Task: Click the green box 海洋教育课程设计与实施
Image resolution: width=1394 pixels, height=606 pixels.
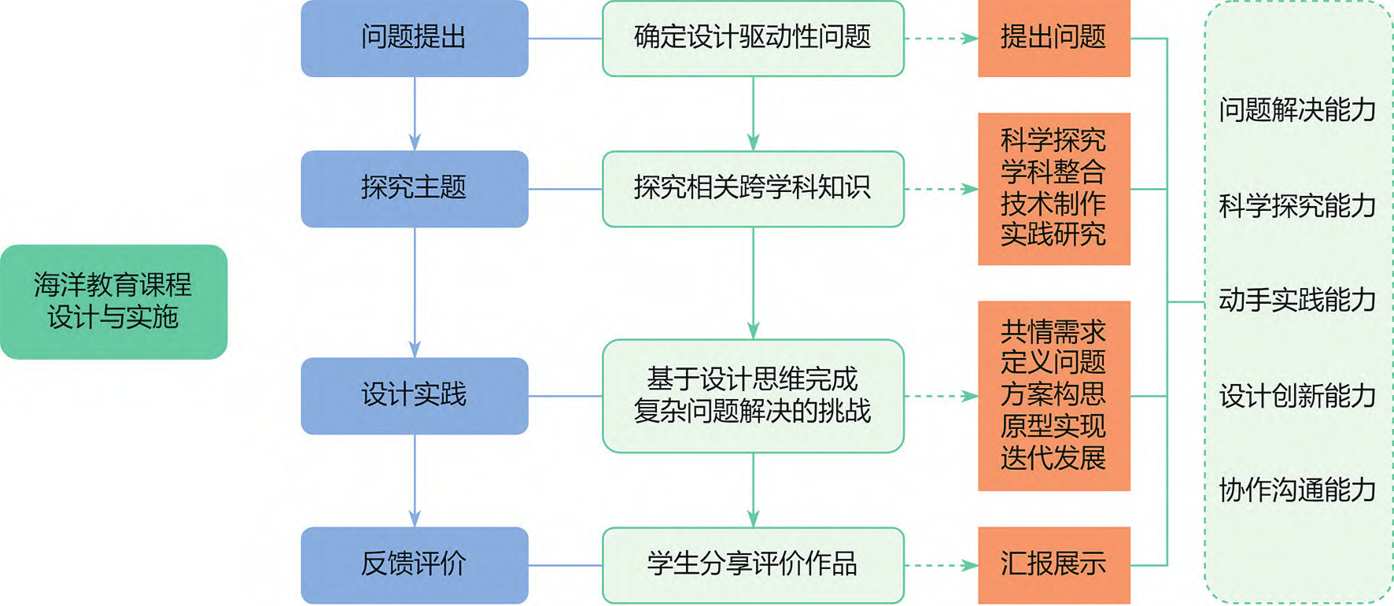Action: pyautogui.click(x=113, y=301)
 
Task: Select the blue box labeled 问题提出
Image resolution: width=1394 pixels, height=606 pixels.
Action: pyautogui.click(x=414, y=38)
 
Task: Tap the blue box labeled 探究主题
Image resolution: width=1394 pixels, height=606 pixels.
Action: pyautogui.click(x=414, y=188)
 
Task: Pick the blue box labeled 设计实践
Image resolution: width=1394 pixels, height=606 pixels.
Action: pyautogui.click(x=414, y=395)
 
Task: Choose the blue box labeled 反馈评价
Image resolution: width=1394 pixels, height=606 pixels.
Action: pyautogui.click(x=414, y=564)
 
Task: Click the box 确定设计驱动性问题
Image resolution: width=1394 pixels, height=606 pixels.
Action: pyautogui.click(x=752, y=38)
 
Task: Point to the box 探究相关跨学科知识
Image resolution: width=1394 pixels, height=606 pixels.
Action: pyautogui.click(x=752, y=188)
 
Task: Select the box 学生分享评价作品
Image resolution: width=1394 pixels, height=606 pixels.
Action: pyautogui.click(x=752, y=564)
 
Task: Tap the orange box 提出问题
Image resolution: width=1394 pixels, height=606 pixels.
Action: pyautogui.click(x=1053, y=38)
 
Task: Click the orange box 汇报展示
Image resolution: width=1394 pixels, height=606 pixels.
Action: pyautogui.click(x=1053, y=564)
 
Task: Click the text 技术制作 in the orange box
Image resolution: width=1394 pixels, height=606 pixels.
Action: pyautogui.click(x=1053, y=204)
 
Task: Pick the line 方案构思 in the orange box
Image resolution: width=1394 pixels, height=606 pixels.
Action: pyautogui.click(x=1053, y=394)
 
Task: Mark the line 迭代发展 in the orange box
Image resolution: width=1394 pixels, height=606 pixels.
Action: pyautogui.click(x=1053, y=458)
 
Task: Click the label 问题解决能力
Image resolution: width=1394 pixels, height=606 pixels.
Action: pyautogui.click(x=1297, y=110)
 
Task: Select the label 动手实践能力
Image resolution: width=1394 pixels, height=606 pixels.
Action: pyautogui.click(x=1297, y=300)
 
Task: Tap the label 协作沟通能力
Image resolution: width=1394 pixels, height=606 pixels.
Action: pyautogui.click(x=1297, y=490)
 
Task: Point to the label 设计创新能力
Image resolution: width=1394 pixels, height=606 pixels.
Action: pyautogui.click(x=1297, y=396)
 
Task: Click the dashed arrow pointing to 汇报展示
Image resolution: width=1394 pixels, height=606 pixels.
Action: pyautogui.click(x=941, y=565)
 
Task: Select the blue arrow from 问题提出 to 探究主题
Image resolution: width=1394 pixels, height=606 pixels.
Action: pyautogui.click(x=415, y=113)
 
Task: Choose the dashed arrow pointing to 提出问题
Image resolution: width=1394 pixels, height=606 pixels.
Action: pyautogui.click(x=941, y=38)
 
